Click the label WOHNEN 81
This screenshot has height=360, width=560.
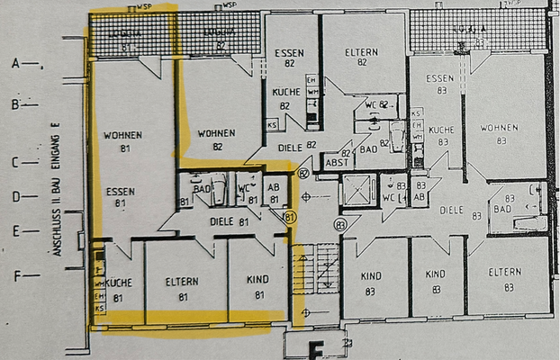[x=124, y=141]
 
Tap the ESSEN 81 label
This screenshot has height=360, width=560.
[x=120, y=197]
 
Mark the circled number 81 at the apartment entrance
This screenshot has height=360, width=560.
[x=290, y=217]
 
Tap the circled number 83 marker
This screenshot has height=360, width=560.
[x=340, y=223]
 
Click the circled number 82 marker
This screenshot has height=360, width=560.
[x=303, y=172]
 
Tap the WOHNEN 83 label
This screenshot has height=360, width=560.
[x=500, y=133]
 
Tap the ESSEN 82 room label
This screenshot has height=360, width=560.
[x=290, y=58]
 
